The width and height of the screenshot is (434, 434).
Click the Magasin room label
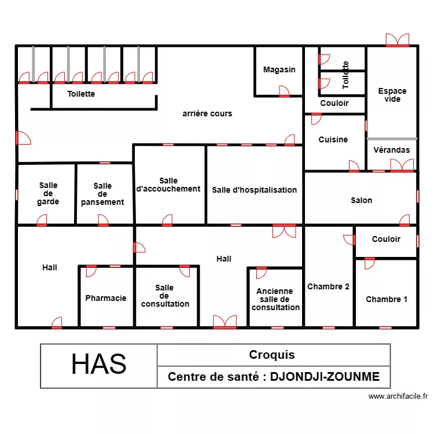279,69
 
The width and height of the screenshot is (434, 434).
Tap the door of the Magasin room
284,91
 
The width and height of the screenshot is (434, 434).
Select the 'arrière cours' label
207,113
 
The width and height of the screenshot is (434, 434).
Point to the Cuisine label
333,139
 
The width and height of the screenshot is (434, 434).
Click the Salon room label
362,200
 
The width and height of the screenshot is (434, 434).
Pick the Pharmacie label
106,298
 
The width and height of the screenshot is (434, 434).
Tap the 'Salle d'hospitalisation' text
255,190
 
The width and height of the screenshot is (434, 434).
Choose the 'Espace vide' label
392,95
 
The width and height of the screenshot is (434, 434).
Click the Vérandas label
392,150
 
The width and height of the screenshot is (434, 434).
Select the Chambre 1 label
387,299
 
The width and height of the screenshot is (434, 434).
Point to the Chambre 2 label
328,286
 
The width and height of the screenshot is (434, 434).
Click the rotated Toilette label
345,75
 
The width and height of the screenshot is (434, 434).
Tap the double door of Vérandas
402,165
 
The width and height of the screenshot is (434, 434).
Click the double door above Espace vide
398,40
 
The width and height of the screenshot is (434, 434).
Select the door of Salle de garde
42,220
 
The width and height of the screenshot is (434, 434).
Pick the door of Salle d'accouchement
167,220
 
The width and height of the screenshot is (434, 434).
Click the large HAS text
99,364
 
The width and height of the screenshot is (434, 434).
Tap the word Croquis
272,355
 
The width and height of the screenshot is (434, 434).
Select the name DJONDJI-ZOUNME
325,377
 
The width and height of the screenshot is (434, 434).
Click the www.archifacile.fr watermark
398,396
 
